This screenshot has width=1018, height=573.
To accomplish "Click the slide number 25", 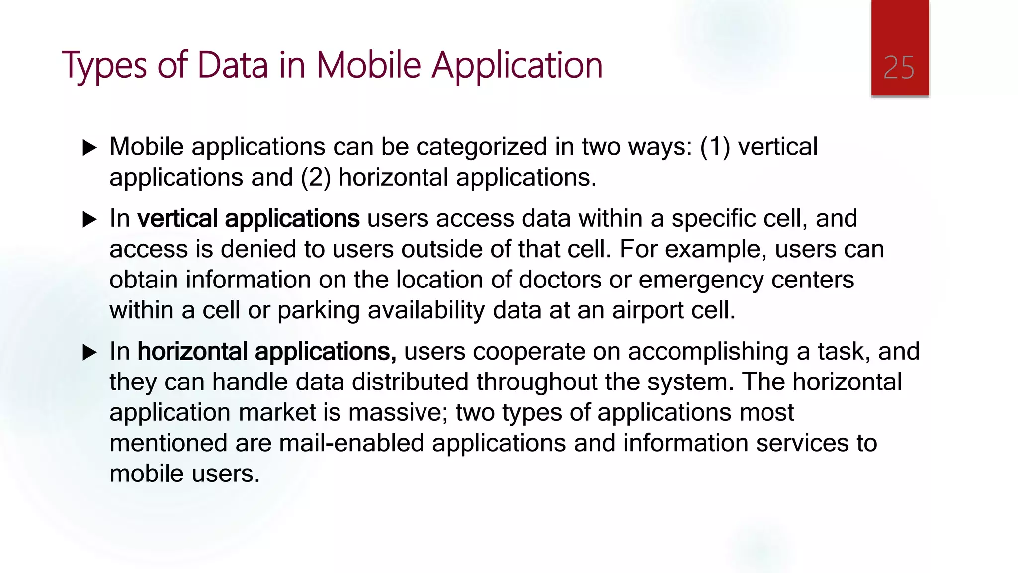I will (x=899, y=68).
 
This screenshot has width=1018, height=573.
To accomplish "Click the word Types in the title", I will (x=104, y=66).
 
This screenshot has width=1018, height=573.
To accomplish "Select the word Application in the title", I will (x=517, y=66).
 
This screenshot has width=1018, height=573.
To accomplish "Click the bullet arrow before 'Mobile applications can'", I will (x=89, y=148).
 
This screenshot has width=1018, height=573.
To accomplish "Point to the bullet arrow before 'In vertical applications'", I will (x=89, y=219).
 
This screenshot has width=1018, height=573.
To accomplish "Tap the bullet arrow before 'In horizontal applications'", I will (x=89, y=352).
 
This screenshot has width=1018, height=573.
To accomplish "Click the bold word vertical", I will (x=177, y=219).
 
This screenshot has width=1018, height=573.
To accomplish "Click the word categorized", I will (x=482, y=147).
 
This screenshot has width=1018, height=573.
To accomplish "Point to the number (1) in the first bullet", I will (x=715, y=147).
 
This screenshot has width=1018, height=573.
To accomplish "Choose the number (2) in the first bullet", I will (x=316, y=178).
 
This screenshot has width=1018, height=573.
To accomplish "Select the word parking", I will (x=318, y=311).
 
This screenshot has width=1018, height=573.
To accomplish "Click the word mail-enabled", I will (x=351, y=443).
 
